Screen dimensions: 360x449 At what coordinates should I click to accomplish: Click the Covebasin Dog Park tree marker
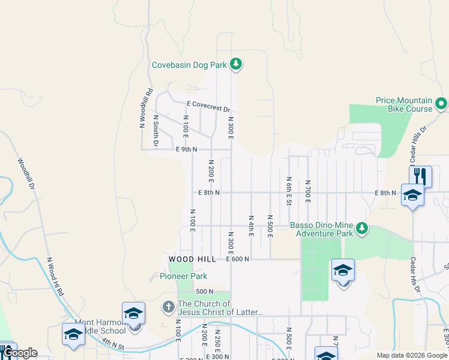pos(236,64)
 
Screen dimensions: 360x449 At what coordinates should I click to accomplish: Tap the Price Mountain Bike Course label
pos(404,104)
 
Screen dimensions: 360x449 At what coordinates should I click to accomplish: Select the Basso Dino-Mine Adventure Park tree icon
pos(361,228)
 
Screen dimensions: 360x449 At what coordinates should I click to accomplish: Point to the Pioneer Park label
pos(183,276)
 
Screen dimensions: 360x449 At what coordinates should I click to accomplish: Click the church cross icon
pos(169,307)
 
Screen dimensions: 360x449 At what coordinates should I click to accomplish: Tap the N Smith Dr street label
pos(155,131)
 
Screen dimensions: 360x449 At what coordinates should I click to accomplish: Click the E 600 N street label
pos(237,259)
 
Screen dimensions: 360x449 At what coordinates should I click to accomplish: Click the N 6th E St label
pos(289,191)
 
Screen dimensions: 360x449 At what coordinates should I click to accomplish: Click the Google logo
pos(20,353)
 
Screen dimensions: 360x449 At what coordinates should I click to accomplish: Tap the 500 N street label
pos(204,292)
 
